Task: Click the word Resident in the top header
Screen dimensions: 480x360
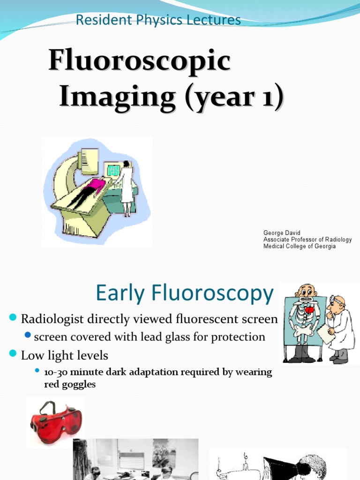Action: coord(98,20)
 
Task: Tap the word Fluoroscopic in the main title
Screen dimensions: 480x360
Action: coord(139,61)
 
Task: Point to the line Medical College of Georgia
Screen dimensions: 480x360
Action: coord(299,246)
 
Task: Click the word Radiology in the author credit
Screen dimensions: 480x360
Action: coord(337,240)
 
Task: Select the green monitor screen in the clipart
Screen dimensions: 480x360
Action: coord(113,170)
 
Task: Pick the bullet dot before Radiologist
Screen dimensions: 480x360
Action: coord(13,319)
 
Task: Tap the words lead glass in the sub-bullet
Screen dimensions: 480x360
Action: coord(163,337)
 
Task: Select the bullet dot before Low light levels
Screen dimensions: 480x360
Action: coord(13,353)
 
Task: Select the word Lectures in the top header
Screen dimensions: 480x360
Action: coord(218,20)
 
